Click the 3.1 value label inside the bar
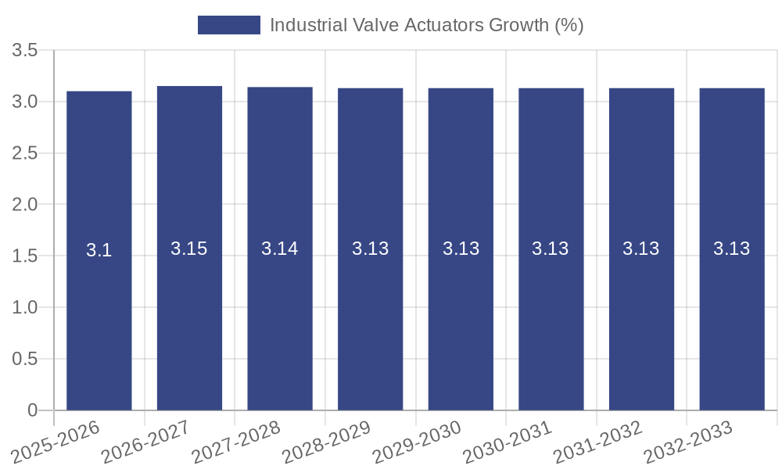pos(99,250)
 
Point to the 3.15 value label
pos(189,249)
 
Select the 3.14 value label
pos(280,249)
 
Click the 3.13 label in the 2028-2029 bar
pos(370,249)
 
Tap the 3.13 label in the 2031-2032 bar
pos(641,249)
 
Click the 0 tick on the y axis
pos(32,410)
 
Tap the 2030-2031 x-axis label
pos(509,442)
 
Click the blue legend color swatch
pos(228,25)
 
